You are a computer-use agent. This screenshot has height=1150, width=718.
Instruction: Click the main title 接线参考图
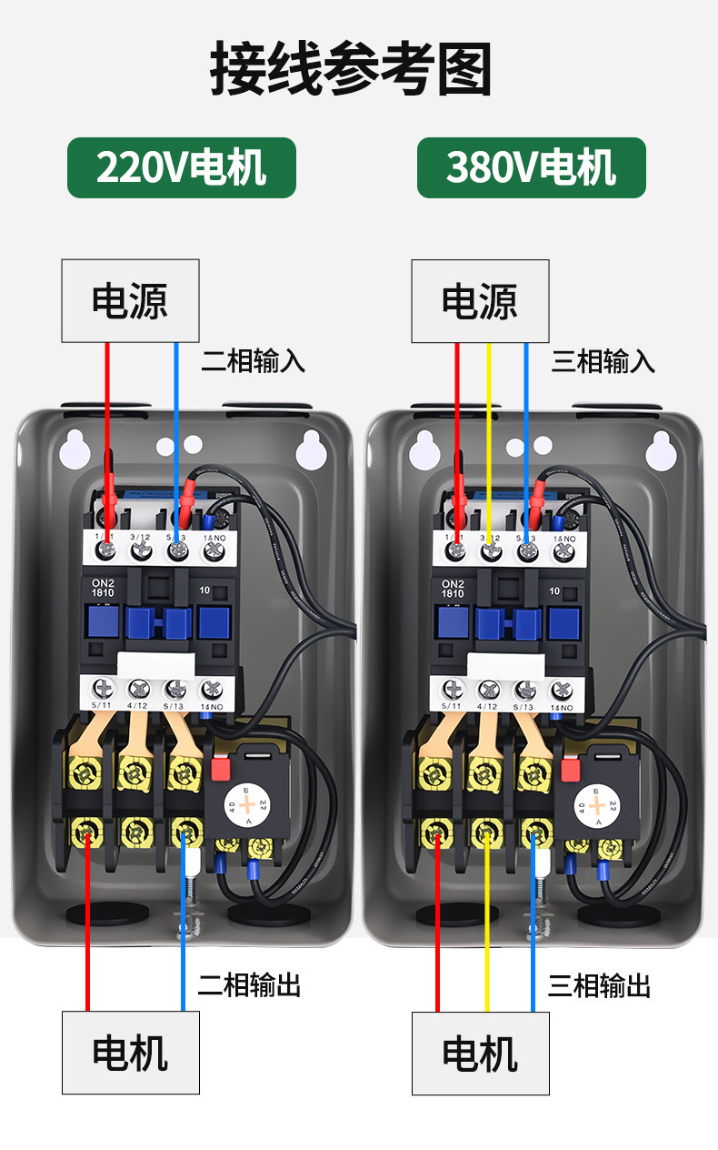[x=351, y=68]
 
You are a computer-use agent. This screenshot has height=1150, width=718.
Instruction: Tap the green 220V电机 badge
[x=181, y=168]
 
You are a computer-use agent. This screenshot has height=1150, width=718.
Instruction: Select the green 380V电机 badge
[x=531, y=168]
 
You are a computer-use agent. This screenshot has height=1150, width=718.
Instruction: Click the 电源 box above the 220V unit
[x=130, y=301]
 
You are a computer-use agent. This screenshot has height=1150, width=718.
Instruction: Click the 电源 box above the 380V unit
[x=480, y=301]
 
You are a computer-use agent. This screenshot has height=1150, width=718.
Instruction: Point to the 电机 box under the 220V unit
[x=130, y=1053]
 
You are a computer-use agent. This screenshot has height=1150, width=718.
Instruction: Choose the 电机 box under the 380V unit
[x=480, y=1053]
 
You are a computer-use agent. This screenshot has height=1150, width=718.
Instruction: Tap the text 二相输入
[x=253, y=361]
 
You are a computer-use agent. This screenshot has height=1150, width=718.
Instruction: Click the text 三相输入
[x=603, y=361]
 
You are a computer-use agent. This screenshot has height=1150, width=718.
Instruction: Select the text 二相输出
[x=249, y=984]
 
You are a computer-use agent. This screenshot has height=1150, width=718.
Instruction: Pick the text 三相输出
[x=599, y=984]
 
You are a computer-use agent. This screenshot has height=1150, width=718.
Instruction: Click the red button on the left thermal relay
[x=219, y=769]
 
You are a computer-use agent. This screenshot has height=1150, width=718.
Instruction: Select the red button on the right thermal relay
[x=570, y=769]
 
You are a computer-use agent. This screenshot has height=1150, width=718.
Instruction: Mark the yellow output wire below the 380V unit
[x=486, y=955]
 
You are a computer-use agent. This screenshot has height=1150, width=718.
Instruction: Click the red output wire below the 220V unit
[x=88, y=955]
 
